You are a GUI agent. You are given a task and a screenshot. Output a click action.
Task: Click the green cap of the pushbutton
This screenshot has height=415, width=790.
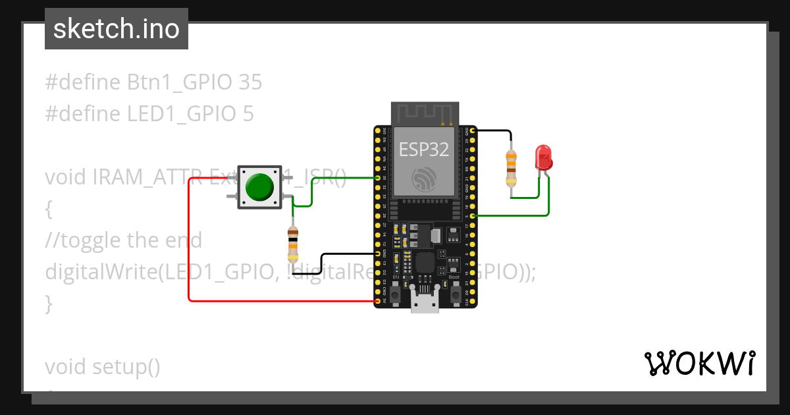pyautogui.click(x=259, y=187)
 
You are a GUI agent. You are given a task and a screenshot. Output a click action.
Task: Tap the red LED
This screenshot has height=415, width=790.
pyautogui.click(x=544, y=157)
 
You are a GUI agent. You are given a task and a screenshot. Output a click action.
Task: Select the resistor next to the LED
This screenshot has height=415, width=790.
pyautogui.click(x=511, y=168)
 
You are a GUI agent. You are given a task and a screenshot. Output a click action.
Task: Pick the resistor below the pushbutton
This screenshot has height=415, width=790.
pyautogui.click(x=293, y=242)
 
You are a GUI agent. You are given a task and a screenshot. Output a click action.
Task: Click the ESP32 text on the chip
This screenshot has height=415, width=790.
pyautogui.click(x=424, y=149)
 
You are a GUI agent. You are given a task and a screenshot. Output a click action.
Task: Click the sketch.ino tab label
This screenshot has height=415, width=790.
pyautogui.click(x=117, y=29)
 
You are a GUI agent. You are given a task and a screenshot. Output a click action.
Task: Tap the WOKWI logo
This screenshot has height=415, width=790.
pyautogui.click(x=700, y=364)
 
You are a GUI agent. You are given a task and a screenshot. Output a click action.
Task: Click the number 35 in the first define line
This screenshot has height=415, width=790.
pyautogui.click(x=250, y=82)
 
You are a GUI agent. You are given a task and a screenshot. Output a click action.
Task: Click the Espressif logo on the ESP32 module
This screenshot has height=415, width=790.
pyautogui.click(x=425, y=180)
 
